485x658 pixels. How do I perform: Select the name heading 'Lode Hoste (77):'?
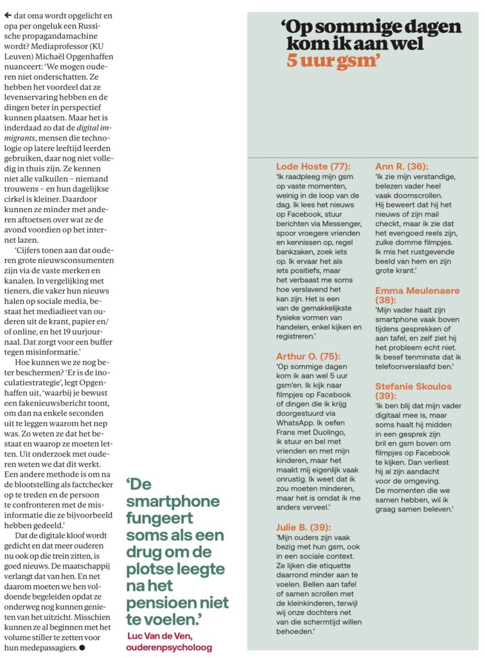point(313,166)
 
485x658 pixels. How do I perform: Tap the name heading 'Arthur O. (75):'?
point(308,356)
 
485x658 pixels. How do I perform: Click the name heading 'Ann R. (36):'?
point(401,166)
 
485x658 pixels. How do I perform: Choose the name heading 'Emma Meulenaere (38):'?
point(418,295)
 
